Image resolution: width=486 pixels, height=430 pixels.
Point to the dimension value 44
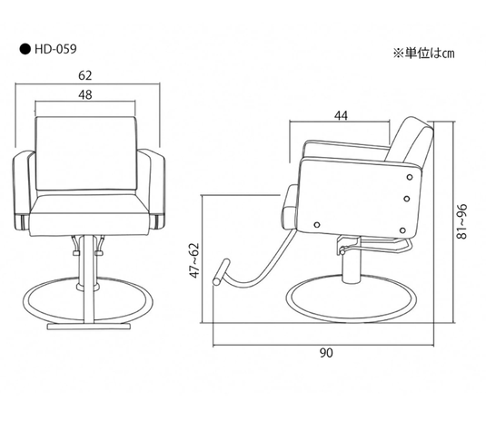tap(342, 115)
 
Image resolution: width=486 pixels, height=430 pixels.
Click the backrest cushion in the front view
tap(88, 156)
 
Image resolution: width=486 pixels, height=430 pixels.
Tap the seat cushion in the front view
tap(88, 218)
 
